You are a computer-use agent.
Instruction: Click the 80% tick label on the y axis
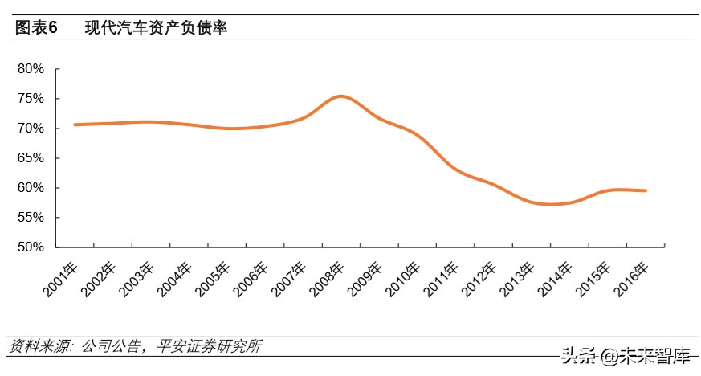pos(31,69)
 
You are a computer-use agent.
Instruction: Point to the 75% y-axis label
pos(31,99)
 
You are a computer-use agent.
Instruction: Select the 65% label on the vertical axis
pos(31,158)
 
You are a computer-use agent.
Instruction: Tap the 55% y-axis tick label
pos(31,218)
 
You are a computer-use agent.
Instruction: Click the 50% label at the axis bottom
pos(31,247)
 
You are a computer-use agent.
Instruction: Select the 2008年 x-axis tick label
pos(327,280)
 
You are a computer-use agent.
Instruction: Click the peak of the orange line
pos(340,96)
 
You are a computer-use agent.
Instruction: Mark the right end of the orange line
pos(646,190)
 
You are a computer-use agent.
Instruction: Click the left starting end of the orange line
pos(75,125)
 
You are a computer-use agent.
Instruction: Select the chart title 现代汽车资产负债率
pos(157,28)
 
